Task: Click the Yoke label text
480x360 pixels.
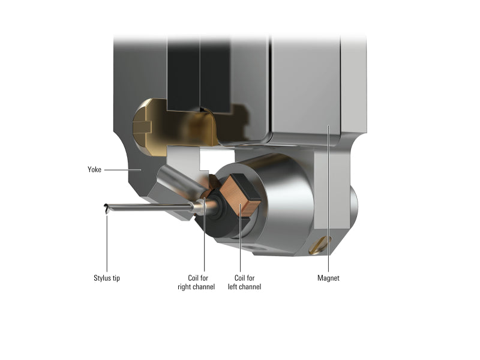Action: [94, 170]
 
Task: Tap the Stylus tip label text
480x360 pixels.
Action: [107, 278]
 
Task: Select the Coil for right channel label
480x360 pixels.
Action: [196, 283]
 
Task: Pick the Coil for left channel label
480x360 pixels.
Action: [244, 283]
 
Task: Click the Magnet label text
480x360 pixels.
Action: [328, 278]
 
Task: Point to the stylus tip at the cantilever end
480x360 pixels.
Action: [106, 209]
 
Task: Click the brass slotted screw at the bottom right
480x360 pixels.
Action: [320, 245]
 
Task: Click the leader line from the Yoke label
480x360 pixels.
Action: [123, 170]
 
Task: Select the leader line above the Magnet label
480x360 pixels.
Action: [328, 199]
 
